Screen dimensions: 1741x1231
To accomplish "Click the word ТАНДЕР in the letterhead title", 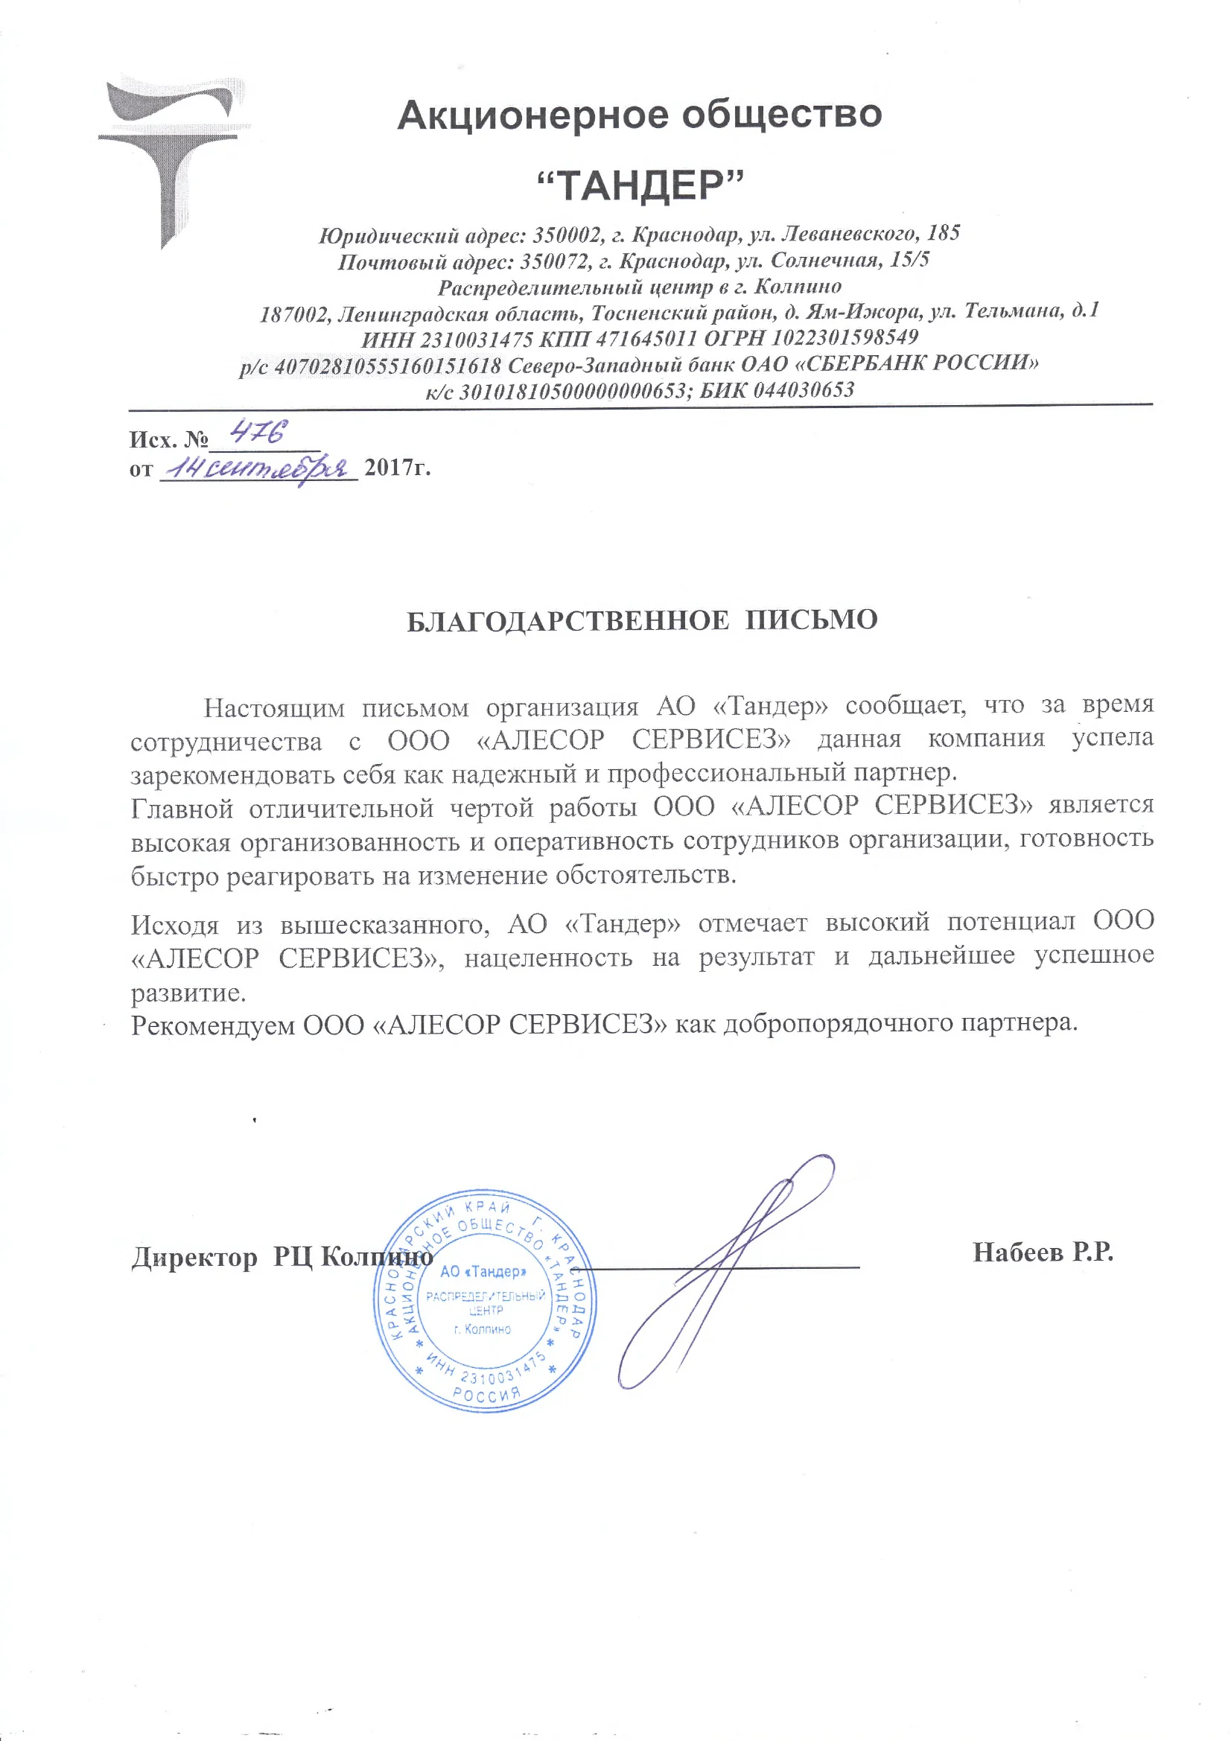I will (x=640, y=185).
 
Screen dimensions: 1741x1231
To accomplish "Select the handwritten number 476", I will (x=258, y=433).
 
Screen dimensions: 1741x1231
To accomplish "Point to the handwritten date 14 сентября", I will (x=256, y=469).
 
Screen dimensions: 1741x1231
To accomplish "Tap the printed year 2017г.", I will (x=398, y=467).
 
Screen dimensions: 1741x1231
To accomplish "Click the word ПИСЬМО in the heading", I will (x=811, y=620).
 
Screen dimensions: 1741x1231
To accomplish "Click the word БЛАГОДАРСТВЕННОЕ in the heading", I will (x=567, y=621).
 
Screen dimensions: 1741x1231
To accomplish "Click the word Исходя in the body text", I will (x=175, y=925).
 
